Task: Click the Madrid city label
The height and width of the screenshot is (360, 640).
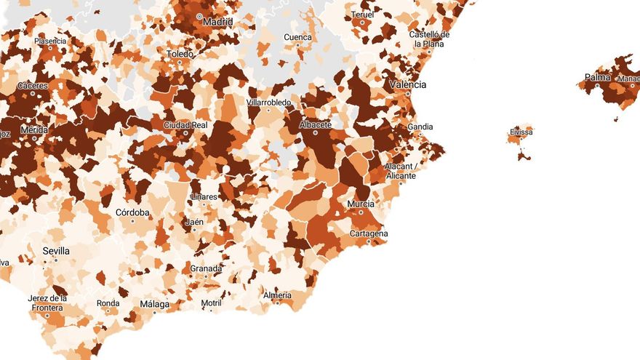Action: pyautogui.click(x=218, y=22)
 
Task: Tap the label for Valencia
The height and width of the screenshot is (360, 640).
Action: pyautogui.click(x=408, y=85)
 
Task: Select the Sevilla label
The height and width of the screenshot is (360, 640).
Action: pyautogui.click(x=56, y=251)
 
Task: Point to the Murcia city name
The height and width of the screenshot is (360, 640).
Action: pyautogui.click(x=361, y=204)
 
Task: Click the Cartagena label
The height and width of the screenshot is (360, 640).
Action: pyautogui.click(x=369, y=233)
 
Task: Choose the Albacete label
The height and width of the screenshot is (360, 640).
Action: pyautogui.click(x=316, y=124)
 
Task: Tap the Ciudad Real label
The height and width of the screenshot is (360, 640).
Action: pyautogui.click(x=185, y=125)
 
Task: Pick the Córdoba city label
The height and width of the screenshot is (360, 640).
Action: pyautogui.click(x=132, y=212)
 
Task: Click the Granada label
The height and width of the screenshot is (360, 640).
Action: pyautogui.click(x=206, y=268)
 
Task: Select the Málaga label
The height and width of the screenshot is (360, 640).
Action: pyautogui.click(x=154, y=304)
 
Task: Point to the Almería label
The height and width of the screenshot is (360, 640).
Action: pyautogui.click(x=277, y=295)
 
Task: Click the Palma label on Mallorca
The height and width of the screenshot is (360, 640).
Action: pyautogui.click(x=597, y=77)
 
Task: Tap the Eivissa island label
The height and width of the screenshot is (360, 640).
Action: pyautogui.click(x=521, y=132)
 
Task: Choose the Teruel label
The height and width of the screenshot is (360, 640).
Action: pyautogui.click(x=362, y=15)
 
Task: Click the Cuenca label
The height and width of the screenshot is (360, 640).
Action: pyautogui.click(x=298, y=37)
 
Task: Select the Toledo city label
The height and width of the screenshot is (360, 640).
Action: pyautogui.click(x=180, y=54)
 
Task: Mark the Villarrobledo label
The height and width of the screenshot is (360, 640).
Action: pyautogui.click(x=269, y=103)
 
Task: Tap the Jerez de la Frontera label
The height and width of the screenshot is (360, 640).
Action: pyautogui.click(x=48, y=303)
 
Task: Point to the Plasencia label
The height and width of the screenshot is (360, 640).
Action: pyautogui.click(x=50, y=41)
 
